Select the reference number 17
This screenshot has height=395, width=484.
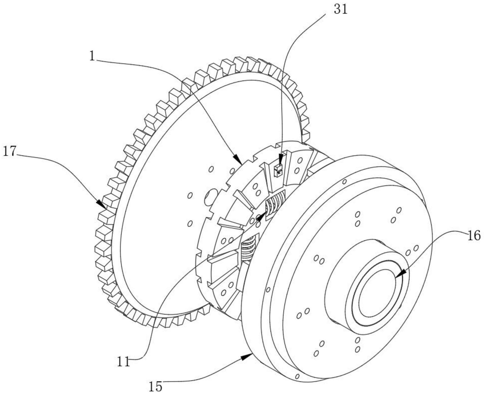(10, 152)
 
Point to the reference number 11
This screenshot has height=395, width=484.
(123, 362)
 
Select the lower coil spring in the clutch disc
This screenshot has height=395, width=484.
(248, 248)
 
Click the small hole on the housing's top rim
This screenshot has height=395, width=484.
(345, 181)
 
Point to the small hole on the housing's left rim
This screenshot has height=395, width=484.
(268, 290)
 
